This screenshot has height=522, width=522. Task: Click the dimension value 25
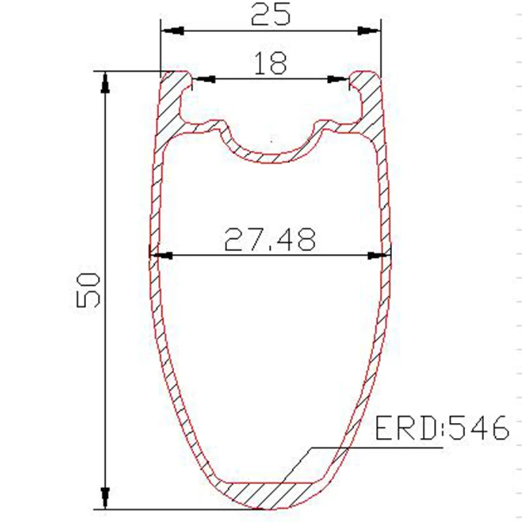270,14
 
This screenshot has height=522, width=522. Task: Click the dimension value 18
270,63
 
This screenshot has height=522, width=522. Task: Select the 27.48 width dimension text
269,239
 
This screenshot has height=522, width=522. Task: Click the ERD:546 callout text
442,428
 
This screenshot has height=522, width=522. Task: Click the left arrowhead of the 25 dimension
172,31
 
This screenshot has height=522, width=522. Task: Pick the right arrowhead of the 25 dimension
369,31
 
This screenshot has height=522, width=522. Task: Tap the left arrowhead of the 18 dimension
204,79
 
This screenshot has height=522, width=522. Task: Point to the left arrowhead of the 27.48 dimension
161,256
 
